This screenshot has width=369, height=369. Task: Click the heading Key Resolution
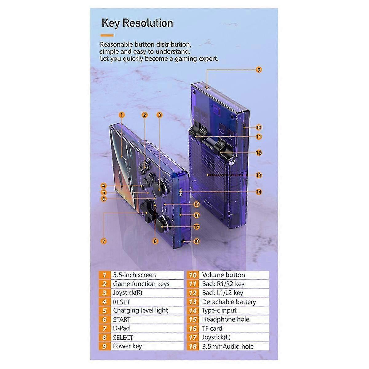point(137,23)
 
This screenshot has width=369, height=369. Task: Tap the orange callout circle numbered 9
point(259,70)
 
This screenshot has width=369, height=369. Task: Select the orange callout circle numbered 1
point(121,115)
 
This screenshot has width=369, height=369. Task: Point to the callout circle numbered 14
point(259,192)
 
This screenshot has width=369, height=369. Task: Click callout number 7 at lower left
point(104,241)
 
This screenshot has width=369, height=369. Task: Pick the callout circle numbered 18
point(196,241)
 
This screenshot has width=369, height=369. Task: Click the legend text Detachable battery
point(229,302)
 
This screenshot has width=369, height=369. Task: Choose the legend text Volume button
point(224,275)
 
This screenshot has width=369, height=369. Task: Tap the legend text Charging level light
point(140,310)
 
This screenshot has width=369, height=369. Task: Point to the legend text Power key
point(127,346)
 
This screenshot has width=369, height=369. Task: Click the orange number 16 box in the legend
point(192,329)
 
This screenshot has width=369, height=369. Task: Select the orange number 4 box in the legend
point(105,302)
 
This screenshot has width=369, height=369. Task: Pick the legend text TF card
point(212,328)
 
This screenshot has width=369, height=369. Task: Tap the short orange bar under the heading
point(107,35)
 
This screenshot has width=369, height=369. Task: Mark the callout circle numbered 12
point(259,153)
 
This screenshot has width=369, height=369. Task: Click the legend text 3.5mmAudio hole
point(228,347)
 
